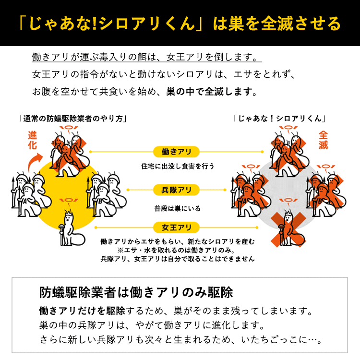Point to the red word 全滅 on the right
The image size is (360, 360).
(323, 140)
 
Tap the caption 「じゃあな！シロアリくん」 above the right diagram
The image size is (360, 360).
(280, 119)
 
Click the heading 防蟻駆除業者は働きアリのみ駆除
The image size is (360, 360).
(136, 292)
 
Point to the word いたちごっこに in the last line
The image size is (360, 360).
(267, 340)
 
